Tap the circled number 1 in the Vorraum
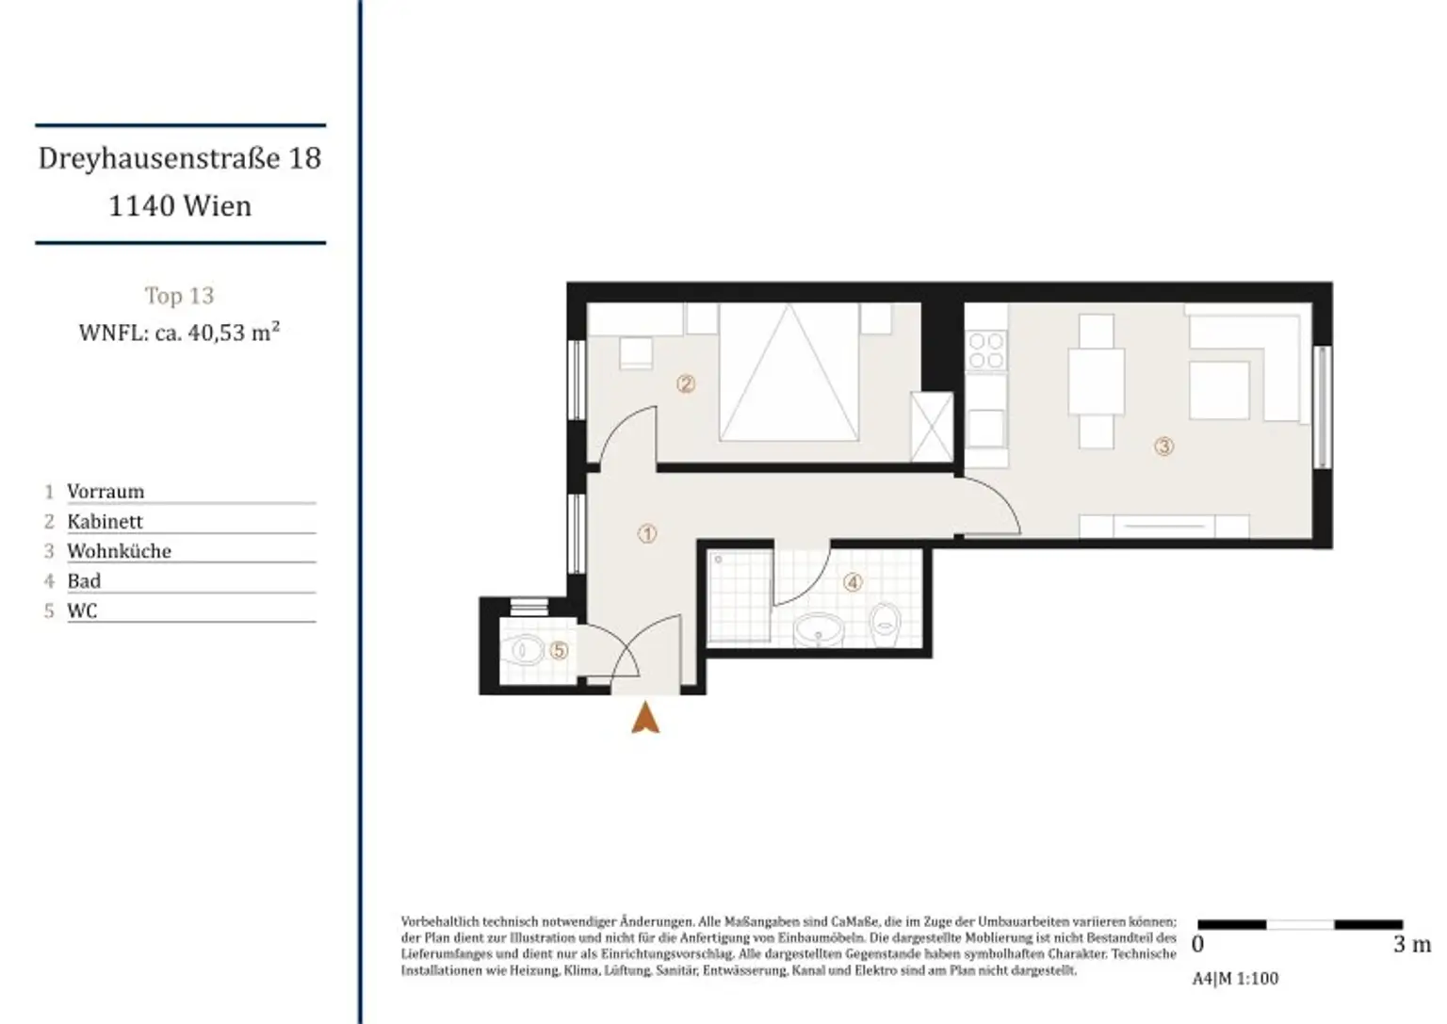click(x=647, y=534)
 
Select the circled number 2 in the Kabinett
click(x=686, y=383)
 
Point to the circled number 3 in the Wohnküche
click(x=1163, y=447)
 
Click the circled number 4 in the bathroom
click(x=853, y=583)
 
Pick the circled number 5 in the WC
click(x=559, y=650)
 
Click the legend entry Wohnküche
click(x=119, y=551)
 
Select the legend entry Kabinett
click(x=105, y=521)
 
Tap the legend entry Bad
click(x=84, y=581)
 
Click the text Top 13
click(x=179, y=296)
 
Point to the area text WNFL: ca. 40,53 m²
click(x=179, y=332)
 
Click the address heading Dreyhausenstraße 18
click(x=180, y=157)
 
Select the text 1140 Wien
click(x=180, y=205)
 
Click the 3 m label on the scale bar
click(x=1411, y=944)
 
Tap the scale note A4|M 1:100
click(x=1235, y=979)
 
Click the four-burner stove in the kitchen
click(x=985, y=350)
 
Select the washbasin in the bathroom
click(x=817, y=628)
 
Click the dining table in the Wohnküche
click(x=1097, y=382)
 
